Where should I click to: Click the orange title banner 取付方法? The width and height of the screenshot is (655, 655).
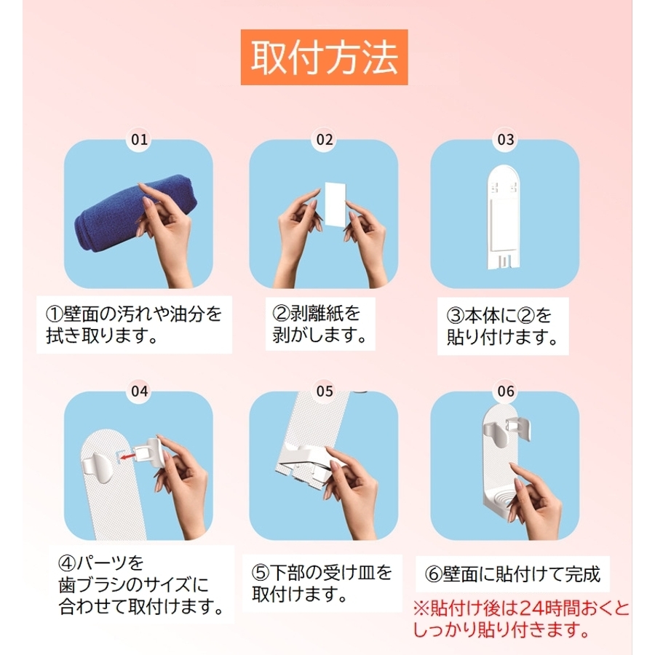324,57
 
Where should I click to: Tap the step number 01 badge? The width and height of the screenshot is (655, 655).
140,140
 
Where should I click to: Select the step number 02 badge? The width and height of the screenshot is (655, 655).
325,140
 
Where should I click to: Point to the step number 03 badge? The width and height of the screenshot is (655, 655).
506,140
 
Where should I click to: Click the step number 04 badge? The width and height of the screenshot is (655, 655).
140,392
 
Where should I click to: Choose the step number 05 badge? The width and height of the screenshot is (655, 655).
325,392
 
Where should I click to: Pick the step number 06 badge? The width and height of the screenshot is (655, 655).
506,392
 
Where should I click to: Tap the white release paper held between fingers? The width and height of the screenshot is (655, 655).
335,204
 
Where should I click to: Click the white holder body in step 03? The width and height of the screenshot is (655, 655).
504,217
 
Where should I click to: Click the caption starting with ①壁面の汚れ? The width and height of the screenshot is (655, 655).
134,325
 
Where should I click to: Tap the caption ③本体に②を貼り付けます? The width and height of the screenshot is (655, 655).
502,326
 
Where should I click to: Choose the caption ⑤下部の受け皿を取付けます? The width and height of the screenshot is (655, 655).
322,583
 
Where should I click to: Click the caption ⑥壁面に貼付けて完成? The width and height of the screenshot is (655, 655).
512,574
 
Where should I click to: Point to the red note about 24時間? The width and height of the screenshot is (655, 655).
521,619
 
